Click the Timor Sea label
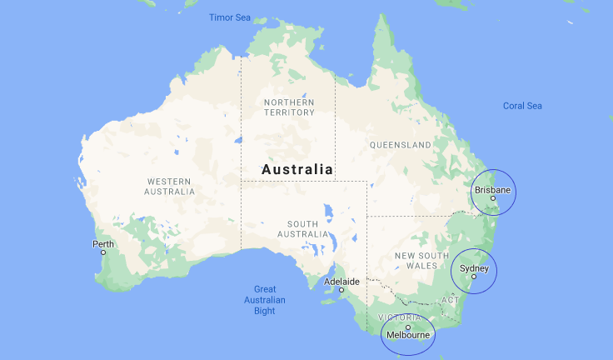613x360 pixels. [229, 17]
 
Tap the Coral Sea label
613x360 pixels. [522, 106]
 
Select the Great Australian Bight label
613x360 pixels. [265, 300]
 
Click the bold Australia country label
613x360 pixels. [297, 169]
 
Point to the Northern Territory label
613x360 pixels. [289, 107]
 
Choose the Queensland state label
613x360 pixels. [401, 144]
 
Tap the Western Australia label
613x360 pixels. [170, 186]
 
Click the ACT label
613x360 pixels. [450, 299]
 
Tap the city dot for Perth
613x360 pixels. [103, 252]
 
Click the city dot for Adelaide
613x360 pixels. [341, 290]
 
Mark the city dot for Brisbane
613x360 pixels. [492, 198]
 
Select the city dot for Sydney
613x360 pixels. [474, 277]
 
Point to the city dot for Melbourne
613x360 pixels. [407, 327]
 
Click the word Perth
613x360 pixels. [103, 243]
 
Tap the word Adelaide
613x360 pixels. [341, 282]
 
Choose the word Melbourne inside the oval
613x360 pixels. [408, 336]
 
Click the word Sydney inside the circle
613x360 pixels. [474, 268]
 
